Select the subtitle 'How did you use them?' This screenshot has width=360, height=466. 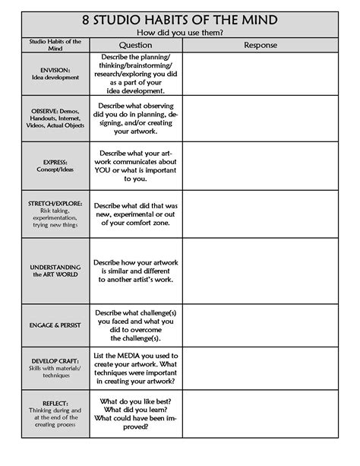coord(179,33)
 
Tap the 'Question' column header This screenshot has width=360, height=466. coord(136,46)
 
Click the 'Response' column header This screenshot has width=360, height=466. coord(261,46)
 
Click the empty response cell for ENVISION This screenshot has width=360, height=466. coord(261,74)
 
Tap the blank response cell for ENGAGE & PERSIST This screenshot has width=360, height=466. coord(261,325)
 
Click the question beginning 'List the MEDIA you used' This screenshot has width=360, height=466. coord(136,370)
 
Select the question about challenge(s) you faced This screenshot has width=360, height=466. coord(136,325)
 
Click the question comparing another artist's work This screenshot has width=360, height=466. coord(136,271)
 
